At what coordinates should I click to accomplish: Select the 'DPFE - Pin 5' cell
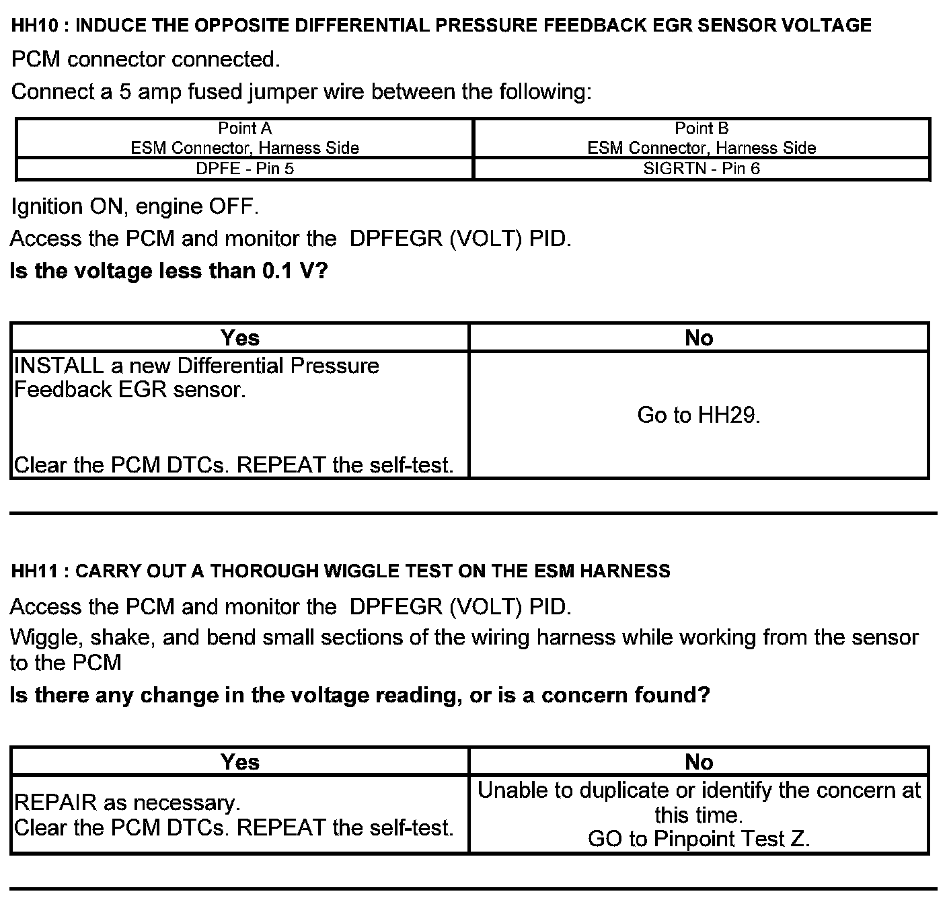click(245, 169)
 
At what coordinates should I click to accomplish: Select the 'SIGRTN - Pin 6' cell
click(702, 169)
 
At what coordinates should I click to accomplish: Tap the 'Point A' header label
click(245, 128)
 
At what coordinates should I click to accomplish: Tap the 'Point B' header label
click(702, 128)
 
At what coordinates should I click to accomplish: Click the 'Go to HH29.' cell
click(699, 415)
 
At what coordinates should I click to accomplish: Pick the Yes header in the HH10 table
click(240, 337)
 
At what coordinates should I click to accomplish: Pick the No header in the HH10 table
click(699, 337)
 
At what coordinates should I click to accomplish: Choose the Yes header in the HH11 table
click(240, 762)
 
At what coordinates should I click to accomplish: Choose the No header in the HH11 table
click(699, 762)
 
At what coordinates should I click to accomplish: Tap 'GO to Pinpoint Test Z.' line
click(699, 839)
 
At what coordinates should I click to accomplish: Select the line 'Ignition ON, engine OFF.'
click(135, 206)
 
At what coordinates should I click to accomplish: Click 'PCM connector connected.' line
click(145, 60)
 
